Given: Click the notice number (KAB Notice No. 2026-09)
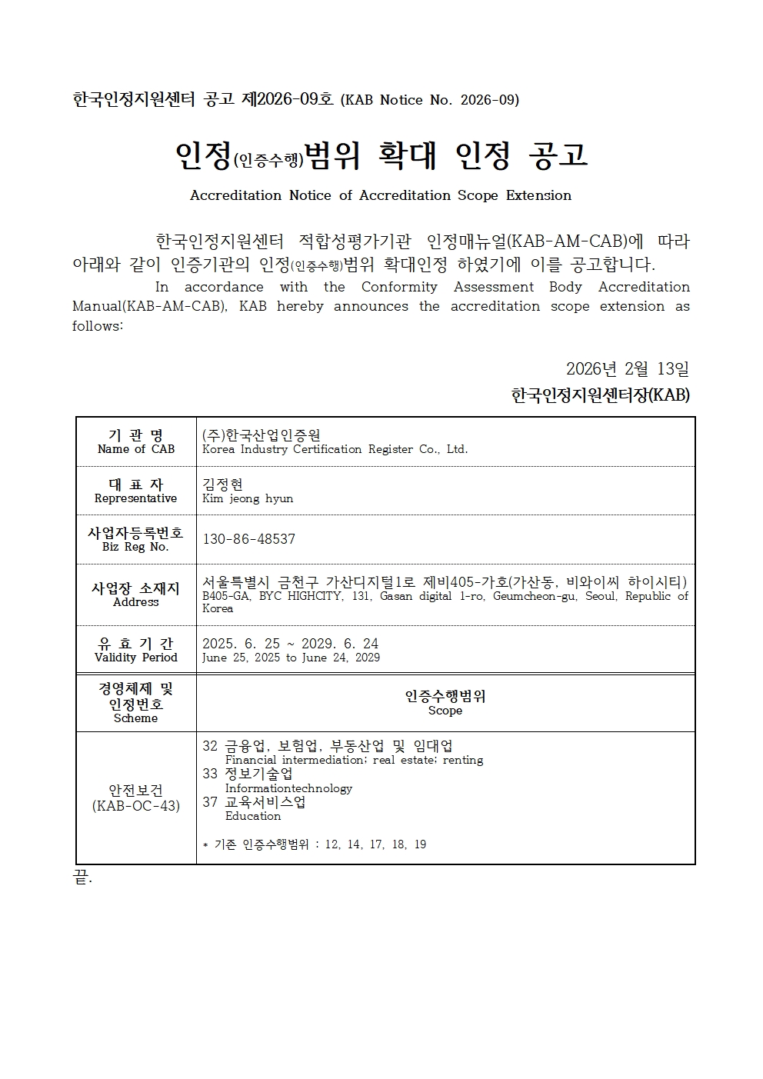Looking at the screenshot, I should [x=429, y=100].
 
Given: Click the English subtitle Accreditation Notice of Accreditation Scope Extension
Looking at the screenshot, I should [x=381, y=195].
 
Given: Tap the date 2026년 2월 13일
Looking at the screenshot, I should [x=627, y=369].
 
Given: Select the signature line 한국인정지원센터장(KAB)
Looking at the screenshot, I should [x=600, y=395].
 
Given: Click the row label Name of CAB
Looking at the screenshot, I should [x=136, y=449].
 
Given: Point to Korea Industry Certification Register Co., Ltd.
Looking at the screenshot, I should [x=335, y=449].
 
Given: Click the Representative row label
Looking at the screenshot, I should [x=135, y=498].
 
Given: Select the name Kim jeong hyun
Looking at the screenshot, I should [x=248, y=498].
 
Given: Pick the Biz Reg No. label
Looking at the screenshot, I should [x=135, y=547].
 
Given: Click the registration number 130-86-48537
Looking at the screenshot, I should [x=248, y=539].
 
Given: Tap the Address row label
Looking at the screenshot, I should [x=135, y=602].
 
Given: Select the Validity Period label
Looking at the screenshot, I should [x=135, y=658].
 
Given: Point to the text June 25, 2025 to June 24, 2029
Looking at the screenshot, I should [x=291, y=658].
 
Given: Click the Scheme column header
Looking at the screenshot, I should [x=135, y=718].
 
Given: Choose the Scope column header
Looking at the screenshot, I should [x=445, y=711].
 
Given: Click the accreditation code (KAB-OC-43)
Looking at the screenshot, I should [x=135, y=806].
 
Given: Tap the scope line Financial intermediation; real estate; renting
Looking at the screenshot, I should [x=354, y=760].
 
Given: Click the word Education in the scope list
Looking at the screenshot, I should [x=253, y=816].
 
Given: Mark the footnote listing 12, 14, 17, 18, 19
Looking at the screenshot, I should [x=314, y=844].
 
